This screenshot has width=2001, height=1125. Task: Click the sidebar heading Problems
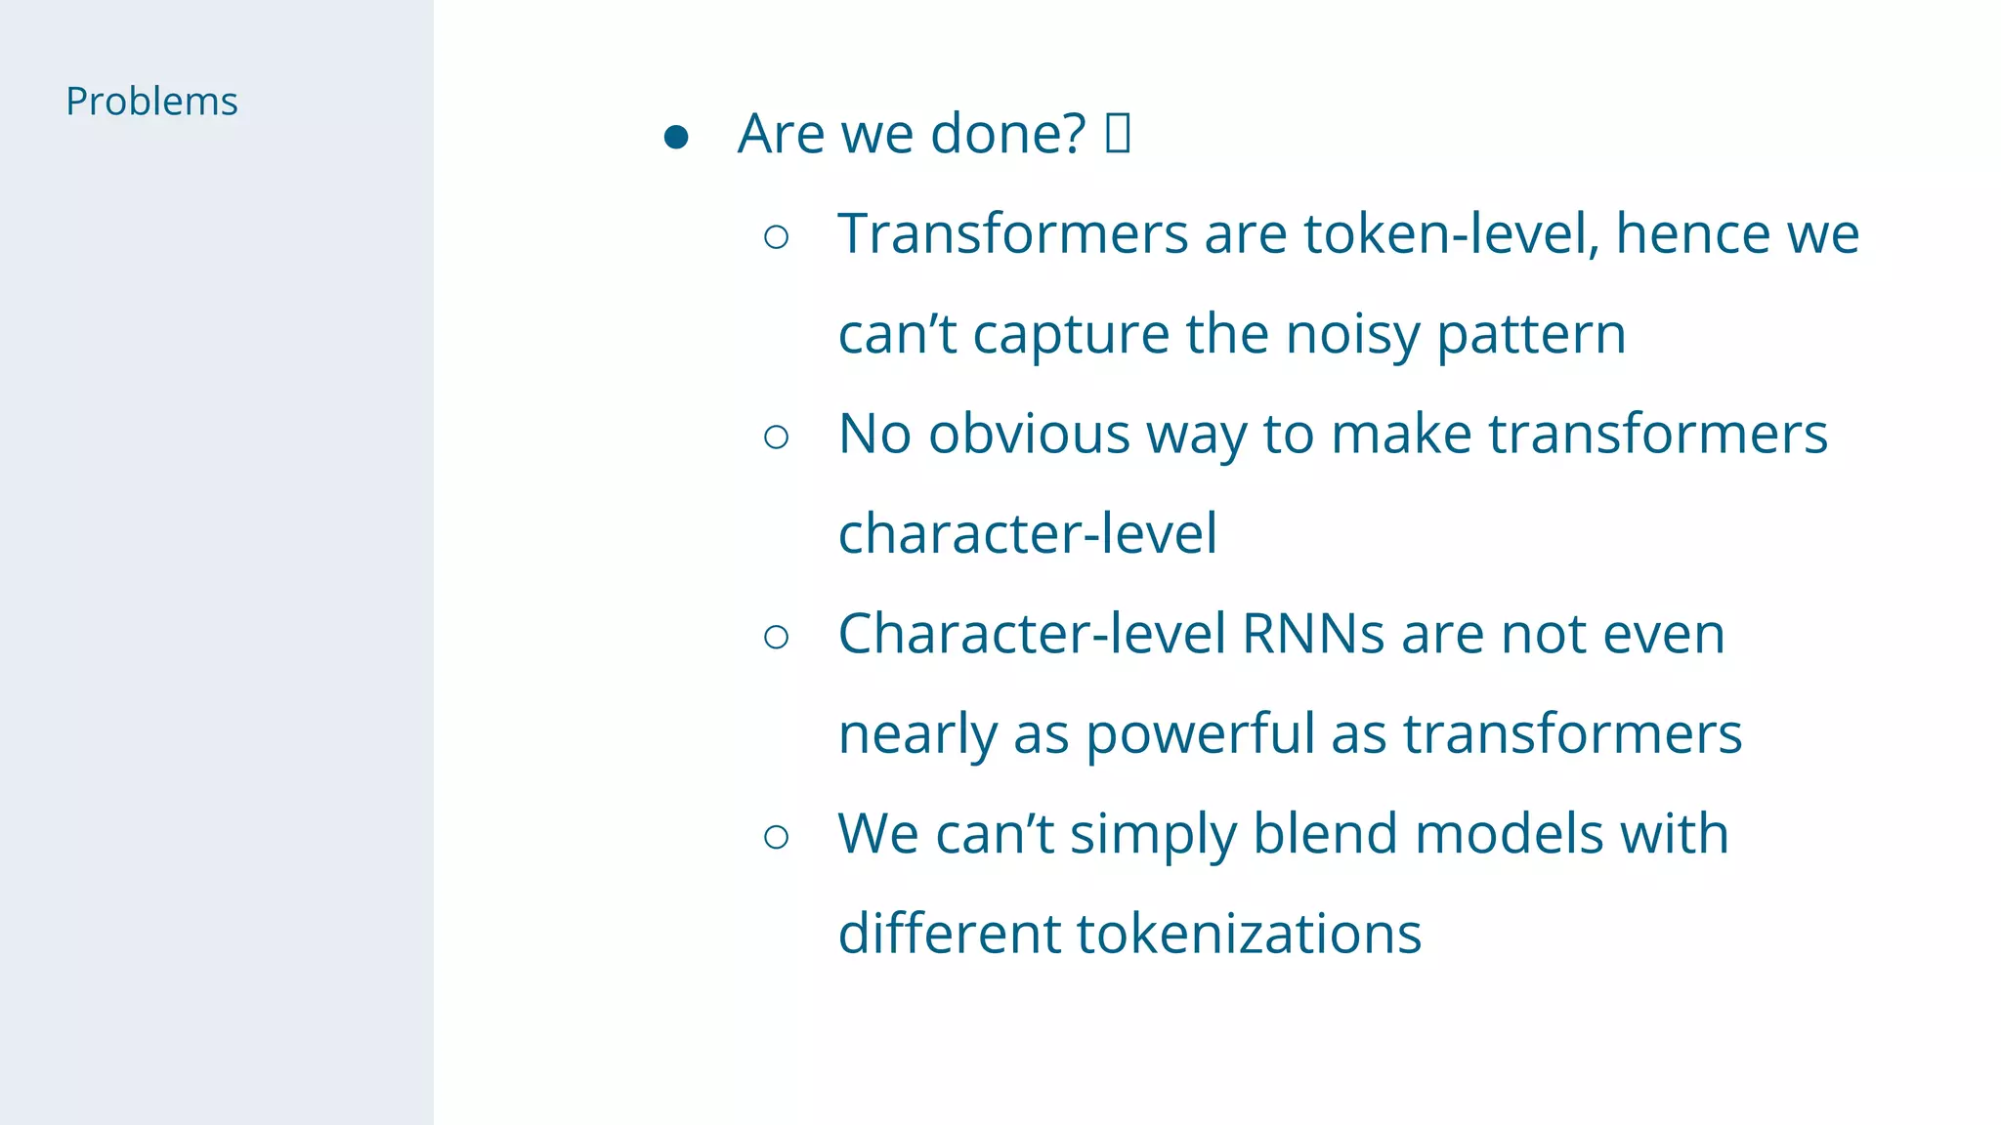click(151, 102)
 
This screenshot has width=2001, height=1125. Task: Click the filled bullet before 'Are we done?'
click(676, 137)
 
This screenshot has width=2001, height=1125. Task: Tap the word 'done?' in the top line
click(1007, 134)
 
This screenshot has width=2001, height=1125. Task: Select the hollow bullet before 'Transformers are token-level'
click(777, 237)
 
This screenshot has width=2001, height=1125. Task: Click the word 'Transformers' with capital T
click(1012, 234)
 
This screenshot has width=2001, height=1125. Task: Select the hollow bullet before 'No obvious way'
click(777, 437)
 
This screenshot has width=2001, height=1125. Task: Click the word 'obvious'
click(1029, 435)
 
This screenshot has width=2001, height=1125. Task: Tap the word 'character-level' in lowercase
click(1028, 534)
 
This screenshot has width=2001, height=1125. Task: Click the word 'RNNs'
click(1313, 635)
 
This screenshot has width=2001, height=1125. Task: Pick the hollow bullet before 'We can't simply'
click(777, 837)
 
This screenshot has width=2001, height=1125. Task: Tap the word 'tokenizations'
click(1249, 935)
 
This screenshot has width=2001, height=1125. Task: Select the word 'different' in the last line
click(949, 935)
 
